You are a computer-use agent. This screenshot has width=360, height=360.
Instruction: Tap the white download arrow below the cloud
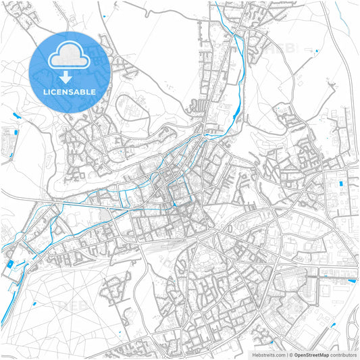point(70,76)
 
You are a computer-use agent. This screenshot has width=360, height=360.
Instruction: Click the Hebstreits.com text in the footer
point(266,355)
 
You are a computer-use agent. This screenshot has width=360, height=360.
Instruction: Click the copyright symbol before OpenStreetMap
point(291,355)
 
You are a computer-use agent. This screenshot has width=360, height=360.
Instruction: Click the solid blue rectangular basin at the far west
point(10,263)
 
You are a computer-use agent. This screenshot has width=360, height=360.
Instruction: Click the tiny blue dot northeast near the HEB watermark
point(315,50)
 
